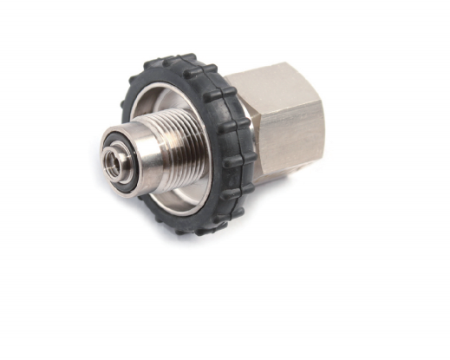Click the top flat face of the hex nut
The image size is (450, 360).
[x=277, y=76]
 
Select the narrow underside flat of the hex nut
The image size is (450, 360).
[x=286, y=177]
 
